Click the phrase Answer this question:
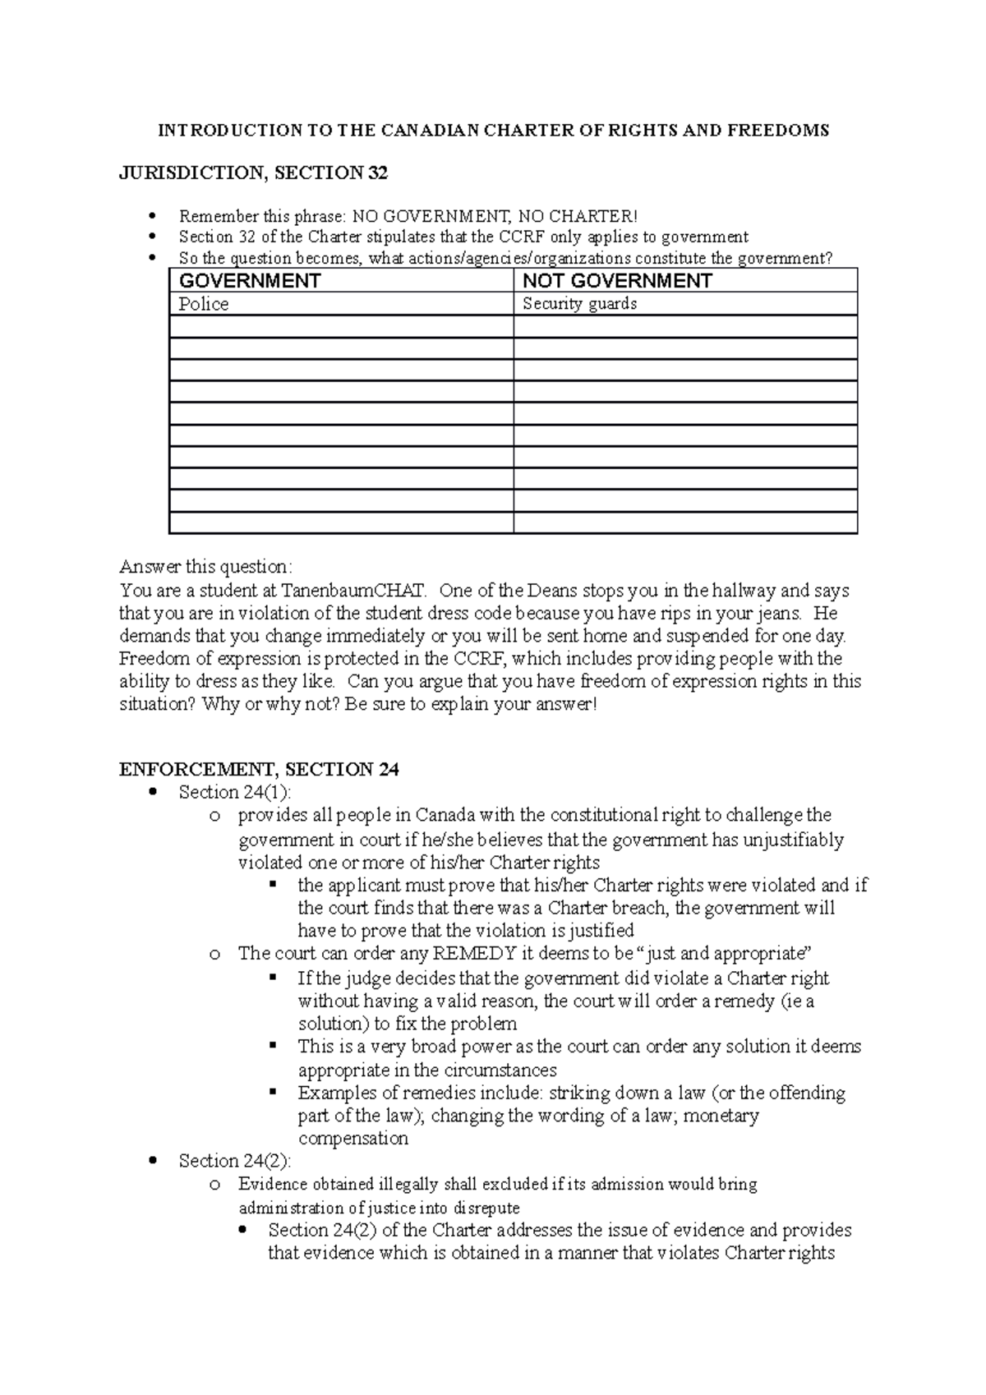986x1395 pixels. [205, 567]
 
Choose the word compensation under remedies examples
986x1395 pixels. [353, 1139]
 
